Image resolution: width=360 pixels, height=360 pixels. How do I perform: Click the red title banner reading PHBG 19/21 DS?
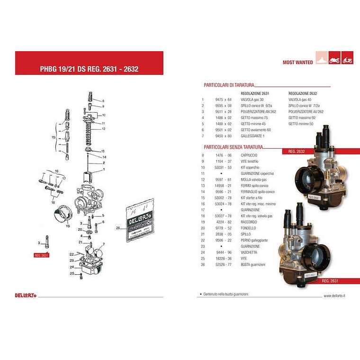click(x=89, y=68)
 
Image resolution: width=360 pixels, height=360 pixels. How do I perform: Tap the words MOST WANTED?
click(x=297, y=62)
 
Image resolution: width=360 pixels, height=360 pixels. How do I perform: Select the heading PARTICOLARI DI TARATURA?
click(x=229, y=85)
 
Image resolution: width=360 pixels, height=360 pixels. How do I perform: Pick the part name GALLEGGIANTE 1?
click(x=253, y=136)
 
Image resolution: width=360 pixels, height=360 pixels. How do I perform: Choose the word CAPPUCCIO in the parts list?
click(x=249, y=155)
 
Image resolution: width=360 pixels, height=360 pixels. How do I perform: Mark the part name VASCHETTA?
click(x=249, y=252)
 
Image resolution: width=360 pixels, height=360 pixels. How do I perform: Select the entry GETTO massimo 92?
click(x=302, y=117)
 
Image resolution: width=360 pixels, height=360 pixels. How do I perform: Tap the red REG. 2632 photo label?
click(x=296, y=152)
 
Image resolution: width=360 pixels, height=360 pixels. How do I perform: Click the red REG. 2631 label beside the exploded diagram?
click(x=41, y=255)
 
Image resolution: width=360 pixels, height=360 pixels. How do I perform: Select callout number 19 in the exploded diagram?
click(x=68, y=226)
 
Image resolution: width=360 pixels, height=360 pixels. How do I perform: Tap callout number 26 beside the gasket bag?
click(x=118, y=227)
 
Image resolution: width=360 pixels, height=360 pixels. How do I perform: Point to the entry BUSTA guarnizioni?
click(x=252, y=265)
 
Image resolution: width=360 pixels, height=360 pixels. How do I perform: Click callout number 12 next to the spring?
click(x=103, y=128)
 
